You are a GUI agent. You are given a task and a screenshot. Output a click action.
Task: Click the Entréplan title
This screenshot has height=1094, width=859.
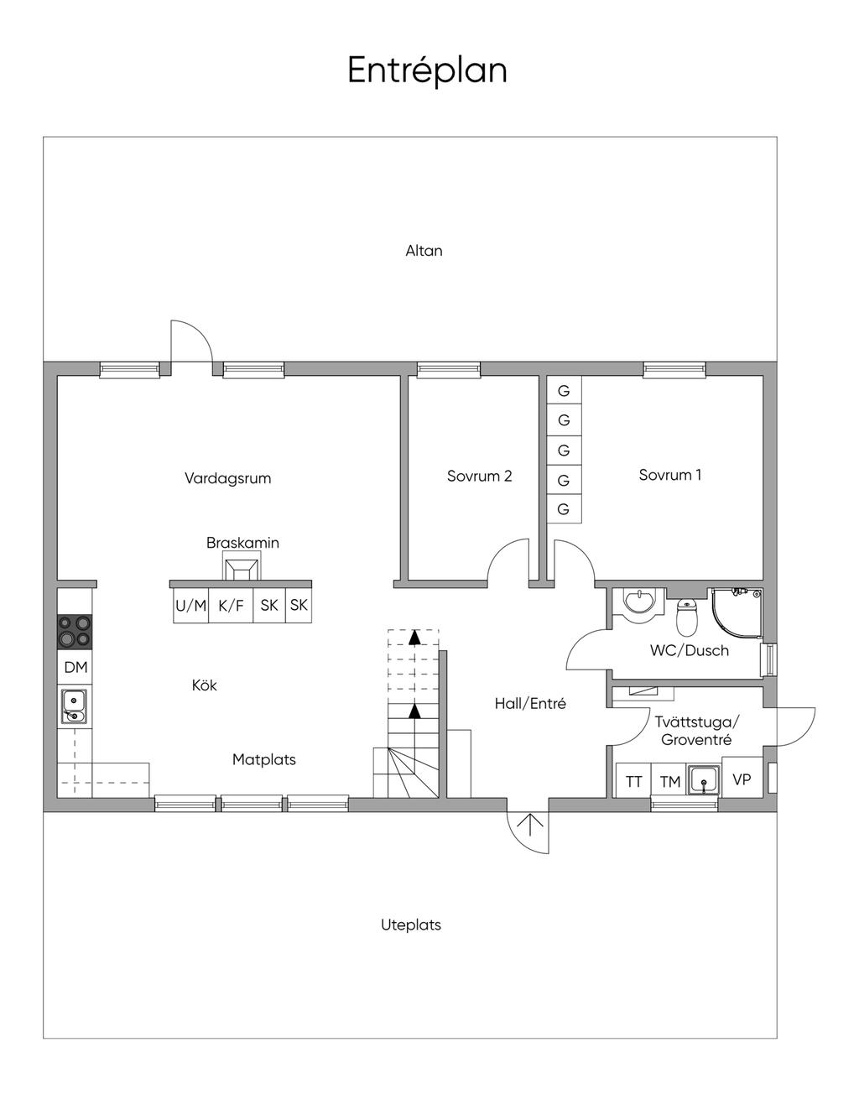point(427,70)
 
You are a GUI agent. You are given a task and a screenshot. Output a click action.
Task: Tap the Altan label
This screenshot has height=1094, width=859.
point(424,251)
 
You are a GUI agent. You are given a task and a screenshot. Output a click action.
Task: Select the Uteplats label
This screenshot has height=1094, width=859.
point(411,925)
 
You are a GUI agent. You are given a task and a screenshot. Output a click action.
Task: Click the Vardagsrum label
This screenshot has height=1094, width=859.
point(228,478)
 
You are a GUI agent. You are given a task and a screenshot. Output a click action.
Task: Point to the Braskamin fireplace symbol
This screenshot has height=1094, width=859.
point(241,569)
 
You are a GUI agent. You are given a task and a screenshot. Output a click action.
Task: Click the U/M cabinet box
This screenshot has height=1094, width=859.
point(190,606)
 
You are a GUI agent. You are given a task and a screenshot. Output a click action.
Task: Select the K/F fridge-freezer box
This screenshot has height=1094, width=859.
point(231,606)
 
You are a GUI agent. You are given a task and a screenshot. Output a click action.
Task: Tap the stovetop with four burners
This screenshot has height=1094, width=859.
point(75,632)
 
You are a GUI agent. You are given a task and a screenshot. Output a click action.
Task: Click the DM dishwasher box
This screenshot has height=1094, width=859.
point(75,668)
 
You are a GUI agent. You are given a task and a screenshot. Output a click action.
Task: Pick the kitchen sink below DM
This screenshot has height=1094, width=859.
point(74,705)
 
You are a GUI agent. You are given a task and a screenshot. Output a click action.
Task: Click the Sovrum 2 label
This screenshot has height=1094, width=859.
point(479,477)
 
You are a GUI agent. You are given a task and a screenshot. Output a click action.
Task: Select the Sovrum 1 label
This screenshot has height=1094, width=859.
point(670,475)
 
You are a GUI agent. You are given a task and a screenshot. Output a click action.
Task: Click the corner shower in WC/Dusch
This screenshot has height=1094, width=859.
point(738,612)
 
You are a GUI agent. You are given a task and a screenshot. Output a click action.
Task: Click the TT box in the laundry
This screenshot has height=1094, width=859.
point(634,782)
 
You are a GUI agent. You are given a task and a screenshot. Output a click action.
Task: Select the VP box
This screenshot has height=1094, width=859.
point(742,779)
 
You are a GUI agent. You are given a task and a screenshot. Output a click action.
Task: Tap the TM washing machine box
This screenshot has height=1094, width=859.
point(669,782)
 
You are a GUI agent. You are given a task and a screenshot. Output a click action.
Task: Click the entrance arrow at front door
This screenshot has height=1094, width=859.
point(529,830)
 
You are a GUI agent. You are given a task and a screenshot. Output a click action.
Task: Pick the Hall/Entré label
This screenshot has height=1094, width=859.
point(530,704)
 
